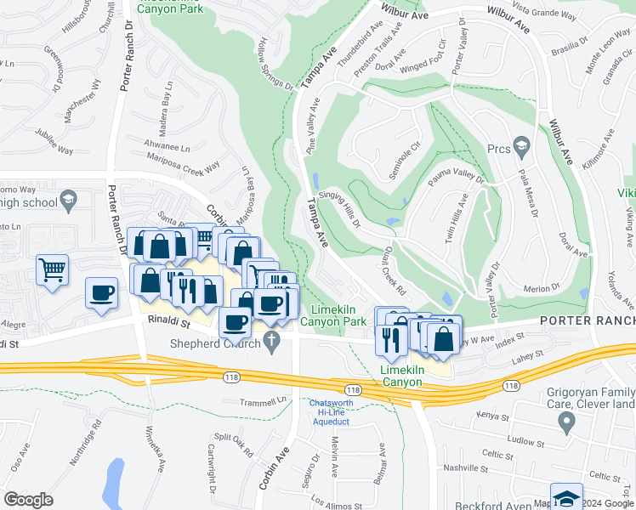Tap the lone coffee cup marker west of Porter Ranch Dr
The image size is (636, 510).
pos(102,293)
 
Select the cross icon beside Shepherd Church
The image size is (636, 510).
pos(271,343)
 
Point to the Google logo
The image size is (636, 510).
pos(28,499)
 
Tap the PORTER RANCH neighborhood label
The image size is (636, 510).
pos(588,320)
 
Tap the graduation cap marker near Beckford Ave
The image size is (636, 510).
pos(566,498)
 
